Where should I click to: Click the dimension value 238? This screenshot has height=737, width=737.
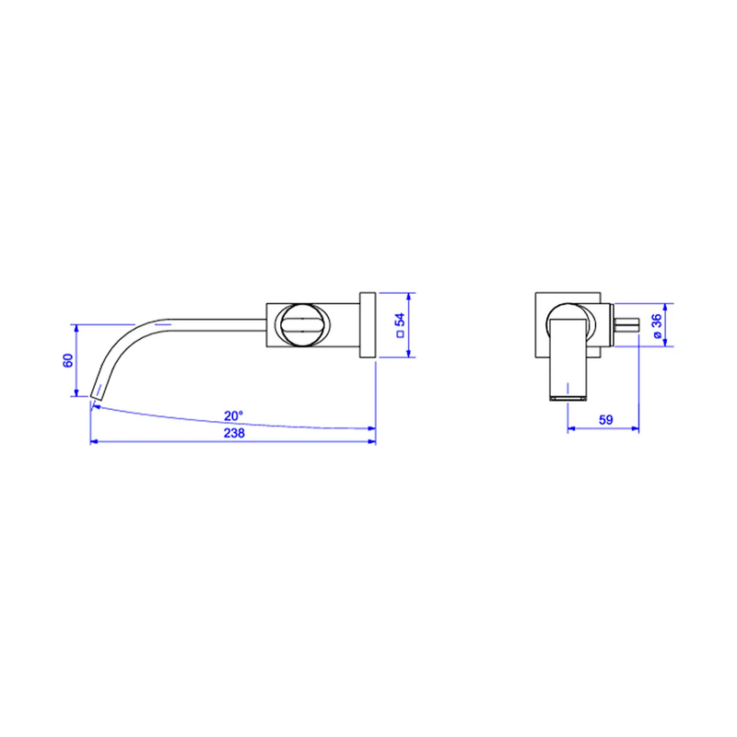click(234, 433)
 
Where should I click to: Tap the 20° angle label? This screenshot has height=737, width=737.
click(234, 416)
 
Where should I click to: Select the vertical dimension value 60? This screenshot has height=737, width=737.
click(68, 360)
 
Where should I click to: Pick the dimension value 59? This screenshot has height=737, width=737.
click(606, 420)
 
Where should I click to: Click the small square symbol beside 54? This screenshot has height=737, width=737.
click(401, 334)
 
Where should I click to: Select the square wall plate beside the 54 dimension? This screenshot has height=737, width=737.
click(368, 325)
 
